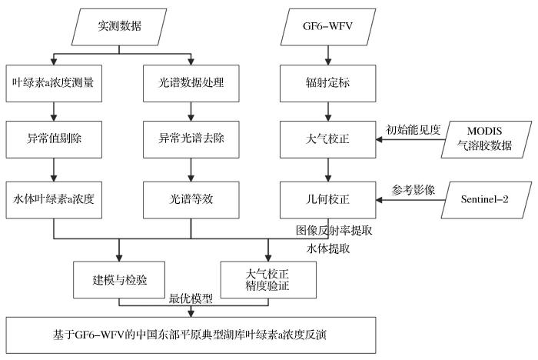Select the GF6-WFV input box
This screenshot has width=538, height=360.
329,29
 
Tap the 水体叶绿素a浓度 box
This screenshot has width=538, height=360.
54,198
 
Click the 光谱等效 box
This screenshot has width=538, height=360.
189,198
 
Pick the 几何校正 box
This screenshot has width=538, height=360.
329,198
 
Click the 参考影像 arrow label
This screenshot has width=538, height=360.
413,188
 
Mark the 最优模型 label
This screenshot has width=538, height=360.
191,299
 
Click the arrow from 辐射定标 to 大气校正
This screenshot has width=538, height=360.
329,110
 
